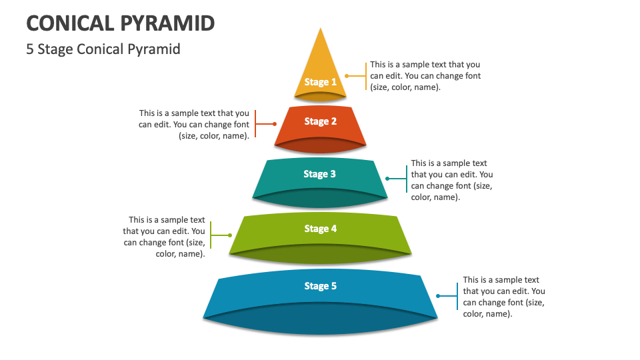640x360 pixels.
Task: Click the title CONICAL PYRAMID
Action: (x=121, y=23)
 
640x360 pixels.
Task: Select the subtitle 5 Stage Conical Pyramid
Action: (x=103, y=49)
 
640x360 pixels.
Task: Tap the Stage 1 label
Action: (x=320, y=82)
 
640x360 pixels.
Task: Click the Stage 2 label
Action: (x=320, y=121)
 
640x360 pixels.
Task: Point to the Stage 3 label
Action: (x=320, y=174)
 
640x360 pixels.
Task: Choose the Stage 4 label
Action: (x=320, y=229)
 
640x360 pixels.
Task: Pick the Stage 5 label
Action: (x=320, y=286)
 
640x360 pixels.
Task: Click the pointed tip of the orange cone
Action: (x=321, y=29)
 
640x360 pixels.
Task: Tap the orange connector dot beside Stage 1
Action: (x=346, y=76)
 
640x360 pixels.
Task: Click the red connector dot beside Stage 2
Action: (x=275, y=124)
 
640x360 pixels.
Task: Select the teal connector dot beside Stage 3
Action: (x=387, y=179)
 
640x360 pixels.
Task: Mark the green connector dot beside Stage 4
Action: (x=230, y=235)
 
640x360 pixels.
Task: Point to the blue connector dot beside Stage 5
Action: (x=438, y=296)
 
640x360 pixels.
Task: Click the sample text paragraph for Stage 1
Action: (x=425, y=76)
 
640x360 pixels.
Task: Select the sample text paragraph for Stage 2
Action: (x=195, y=125)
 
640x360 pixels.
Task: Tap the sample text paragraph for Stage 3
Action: (x=451, y=180)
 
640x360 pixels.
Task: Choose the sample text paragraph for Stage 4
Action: (x=165, y=237)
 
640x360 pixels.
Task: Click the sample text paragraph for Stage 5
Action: (x=503, y=297)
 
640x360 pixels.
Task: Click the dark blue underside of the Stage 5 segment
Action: (x=321, y=319)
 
